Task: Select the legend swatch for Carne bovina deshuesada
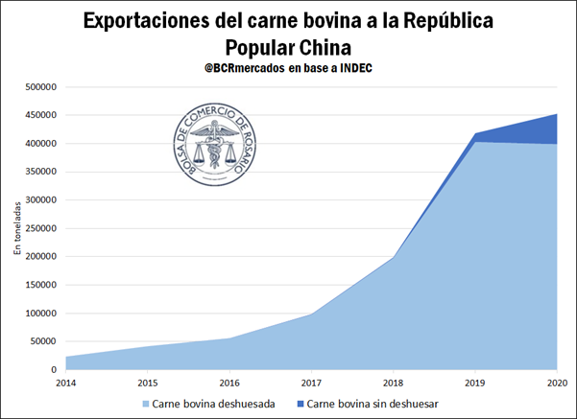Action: click(x=146, y=404)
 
